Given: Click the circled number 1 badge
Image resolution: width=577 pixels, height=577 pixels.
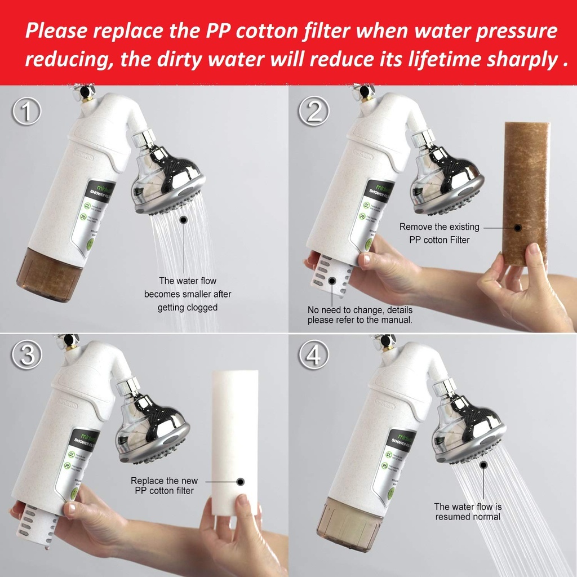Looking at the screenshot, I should click(26, 111).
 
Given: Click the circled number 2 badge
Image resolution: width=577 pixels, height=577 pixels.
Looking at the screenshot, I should click(314, 111).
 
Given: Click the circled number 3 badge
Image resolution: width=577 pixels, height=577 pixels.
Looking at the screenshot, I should click(26, 355).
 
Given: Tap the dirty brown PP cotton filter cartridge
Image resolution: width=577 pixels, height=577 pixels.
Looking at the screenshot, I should click(526, 192).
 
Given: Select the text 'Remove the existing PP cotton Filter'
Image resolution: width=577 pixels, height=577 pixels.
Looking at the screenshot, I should click(439, 233).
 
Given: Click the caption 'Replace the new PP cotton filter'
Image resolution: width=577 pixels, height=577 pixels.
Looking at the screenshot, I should click(165, 486).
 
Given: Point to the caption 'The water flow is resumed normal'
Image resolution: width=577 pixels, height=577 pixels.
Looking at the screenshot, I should click(468, 512).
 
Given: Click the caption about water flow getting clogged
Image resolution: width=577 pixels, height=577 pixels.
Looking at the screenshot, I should click(188, 294).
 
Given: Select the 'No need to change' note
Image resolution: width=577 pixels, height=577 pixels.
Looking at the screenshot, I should click(359, 315).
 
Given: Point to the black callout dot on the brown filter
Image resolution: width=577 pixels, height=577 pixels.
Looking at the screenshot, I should click(518, 228).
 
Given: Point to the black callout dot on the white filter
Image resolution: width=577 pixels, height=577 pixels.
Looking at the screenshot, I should click(241, 482).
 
